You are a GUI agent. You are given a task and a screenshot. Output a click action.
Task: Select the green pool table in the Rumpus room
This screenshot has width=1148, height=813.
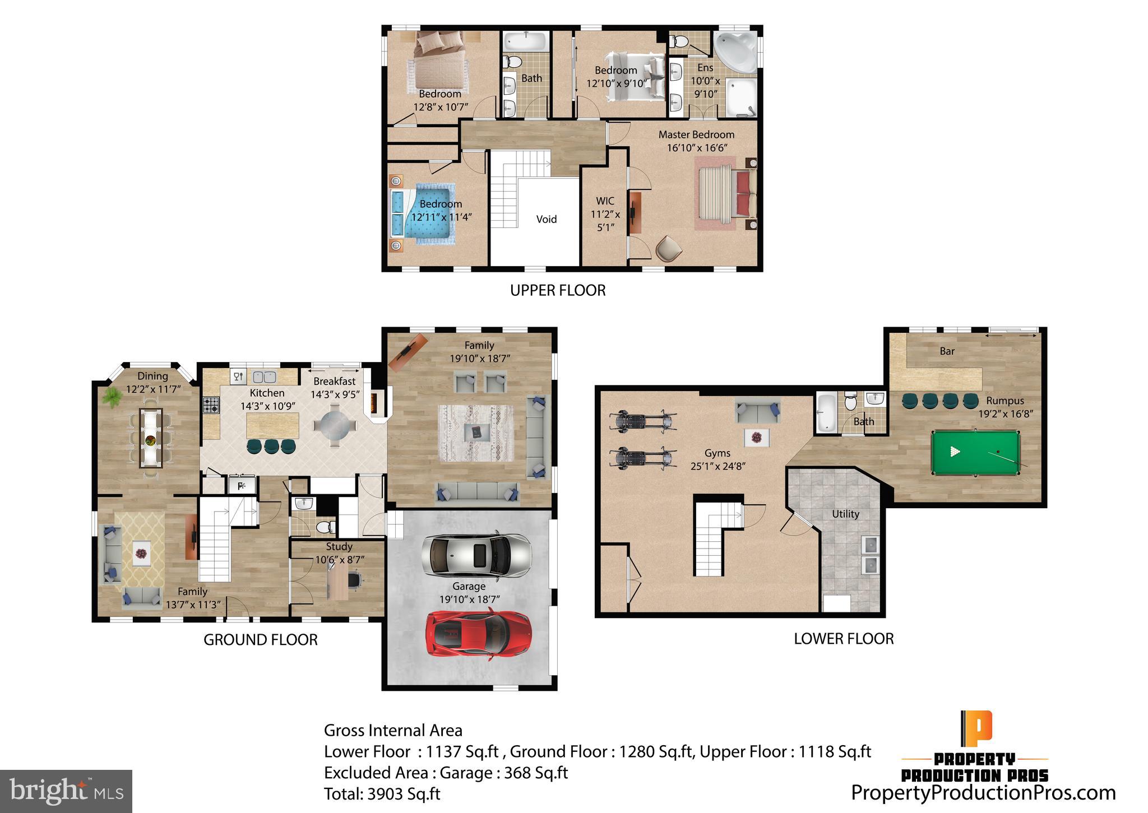point(975,452)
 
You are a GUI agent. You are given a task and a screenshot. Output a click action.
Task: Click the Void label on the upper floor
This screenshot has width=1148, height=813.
point(546,219)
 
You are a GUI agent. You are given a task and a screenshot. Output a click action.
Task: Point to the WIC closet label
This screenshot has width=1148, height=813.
point(605,201)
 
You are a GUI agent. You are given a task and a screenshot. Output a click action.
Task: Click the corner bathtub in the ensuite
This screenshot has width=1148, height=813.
point(734,52)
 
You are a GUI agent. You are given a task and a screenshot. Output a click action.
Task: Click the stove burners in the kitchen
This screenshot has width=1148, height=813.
point(211,405)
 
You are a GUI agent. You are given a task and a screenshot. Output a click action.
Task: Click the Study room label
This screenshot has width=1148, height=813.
point(339,546)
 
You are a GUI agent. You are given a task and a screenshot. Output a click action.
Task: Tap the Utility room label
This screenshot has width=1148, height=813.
point(845,514)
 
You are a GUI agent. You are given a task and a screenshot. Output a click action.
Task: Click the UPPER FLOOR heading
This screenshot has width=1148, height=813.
point(558,290)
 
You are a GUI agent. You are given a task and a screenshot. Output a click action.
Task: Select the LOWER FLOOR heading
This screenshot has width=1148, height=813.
point(844,639)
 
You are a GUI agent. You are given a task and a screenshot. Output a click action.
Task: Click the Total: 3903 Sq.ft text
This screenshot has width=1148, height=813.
point(382,794)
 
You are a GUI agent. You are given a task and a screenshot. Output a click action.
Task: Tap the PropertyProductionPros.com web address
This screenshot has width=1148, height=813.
point(983,793)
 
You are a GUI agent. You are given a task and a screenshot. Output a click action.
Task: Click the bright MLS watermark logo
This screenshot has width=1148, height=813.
point(66,792)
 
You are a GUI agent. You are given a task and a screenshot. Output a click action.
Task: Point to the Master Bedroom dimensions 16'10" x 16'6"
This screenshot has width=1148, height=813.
point(697,148)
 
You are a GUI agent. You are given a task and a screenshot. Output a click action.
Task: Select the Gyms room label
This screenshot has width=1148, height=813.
point(717,453)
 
